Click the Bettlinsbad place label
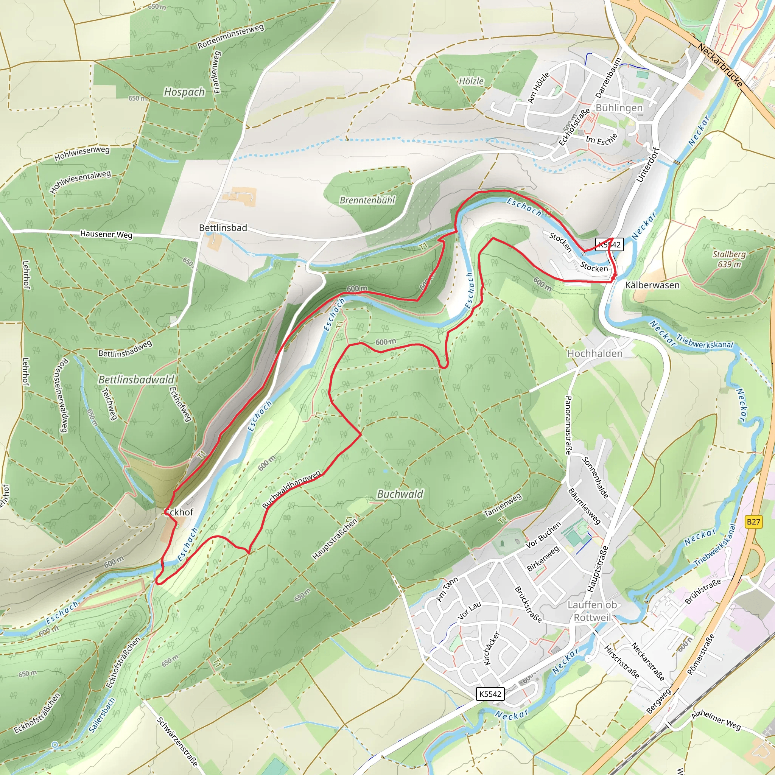tap(223, 228)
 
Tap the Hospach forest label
tap(185, 92)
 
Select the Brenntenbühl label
tap(367, 200)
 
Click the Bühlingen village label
tap(619, 108)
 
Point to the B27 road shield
tap(753, 521)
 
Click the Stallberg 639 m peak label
tap(729, 259)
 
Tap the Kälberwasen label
tap(652, 285)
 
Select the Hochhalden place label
tap(594, 353)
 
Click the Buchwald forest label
tap(400, 494)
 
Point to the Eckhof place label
tap(179, 512)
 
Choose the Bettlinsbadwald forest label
tap(136, 380)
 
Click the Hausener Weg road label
tap(106, 234)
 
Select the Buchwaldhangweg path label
tap(292, 489)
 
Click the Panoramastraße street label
tap(568, 425)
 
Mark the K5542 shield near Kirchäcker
tap(490, 694)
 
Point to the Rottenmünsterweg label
tap(231, 36)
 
